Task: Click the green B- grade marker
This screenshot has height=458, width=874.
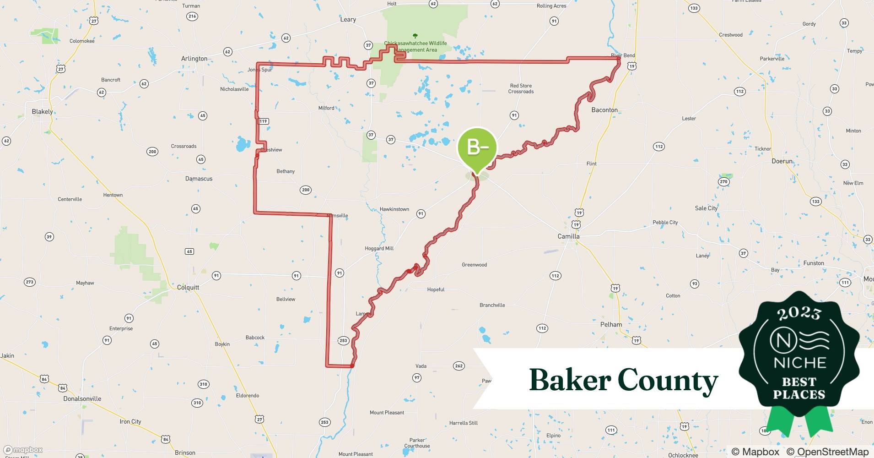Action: click(x=477, y=147)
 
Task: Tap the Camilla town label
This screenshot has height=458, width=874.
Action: click(x=568, y=236)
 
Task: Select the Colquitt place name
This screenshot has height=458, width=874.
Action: click(x=188, y=288)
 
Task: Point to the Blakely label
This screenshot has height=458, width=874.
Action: click(x=42, y=112)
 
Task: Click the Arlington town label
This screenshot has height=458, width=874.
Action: click(x=194, y=59)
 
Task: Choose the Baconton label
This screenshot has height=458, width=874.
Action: click(x=604, y=110)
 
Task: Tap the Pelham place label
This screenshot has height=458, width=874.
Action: click(x=611, y=324)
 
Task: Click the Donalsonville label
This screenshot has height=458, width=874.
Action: click(x=82, y=398)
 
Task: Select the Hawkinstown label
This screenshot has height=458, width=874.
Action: click(x=394, y=209)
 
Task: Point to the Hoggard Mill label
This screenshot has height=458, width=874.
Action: click(x=379, y=248)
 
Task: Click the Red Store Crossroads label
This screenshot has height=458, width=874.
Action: click(x=521, y=88)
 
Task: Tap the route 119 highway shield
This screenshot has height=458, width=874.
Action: click(x=263, y=121)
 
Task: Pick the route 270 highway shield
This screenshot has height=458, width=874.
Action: click(x=723, y=182)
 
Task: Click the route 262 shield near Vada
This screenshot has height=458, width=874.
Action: click(x=459, y=365)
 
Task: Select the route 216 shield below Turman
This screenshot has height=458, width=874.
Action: click(x=192, y=16)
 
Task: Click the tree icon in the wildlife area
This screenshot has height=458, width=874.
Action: click(x=415, y=36)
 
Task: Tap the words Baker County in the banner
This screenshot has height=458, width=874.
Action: click(x=623, y=380)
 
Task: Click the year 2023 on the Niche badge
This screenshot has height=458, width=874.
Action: click(x=799, y=313)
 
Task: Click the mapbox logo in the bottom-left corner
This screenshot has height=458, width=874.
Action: click(x=23, y=450)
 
